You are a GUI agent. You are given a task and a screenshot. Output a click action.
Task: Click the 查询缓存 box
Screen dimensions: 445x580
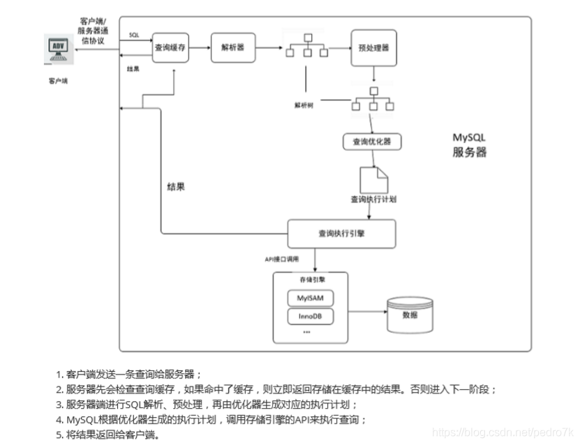point(171,47)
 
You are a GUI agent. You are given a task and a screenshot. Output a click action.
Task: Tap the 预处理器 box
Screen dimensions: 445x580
point(373,47)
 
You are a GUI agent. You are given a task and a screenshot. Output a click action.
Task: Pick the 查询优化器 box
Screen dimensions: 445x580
point(372,142)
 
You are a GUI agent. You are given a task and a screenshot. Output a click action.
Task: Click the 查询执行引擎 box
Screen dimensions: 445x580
point(341,234)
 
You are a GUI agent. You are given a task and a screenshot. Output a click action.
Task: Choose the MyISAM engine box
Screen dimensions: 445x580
point(311,298)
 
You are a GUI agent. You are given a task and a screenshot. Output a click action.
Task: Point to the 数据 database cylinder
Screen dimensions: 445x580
point(410,316)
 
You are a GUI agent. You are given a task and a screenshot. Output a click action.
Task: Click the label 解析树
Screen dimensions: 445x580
point(304,105)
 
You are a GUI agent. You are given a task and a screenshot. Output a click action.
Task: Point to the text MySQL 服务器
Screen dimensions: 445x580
point(469,145)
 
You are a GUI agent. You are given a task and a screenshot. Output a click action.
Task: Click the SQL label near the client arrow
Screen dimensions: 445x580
point(134,34)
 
